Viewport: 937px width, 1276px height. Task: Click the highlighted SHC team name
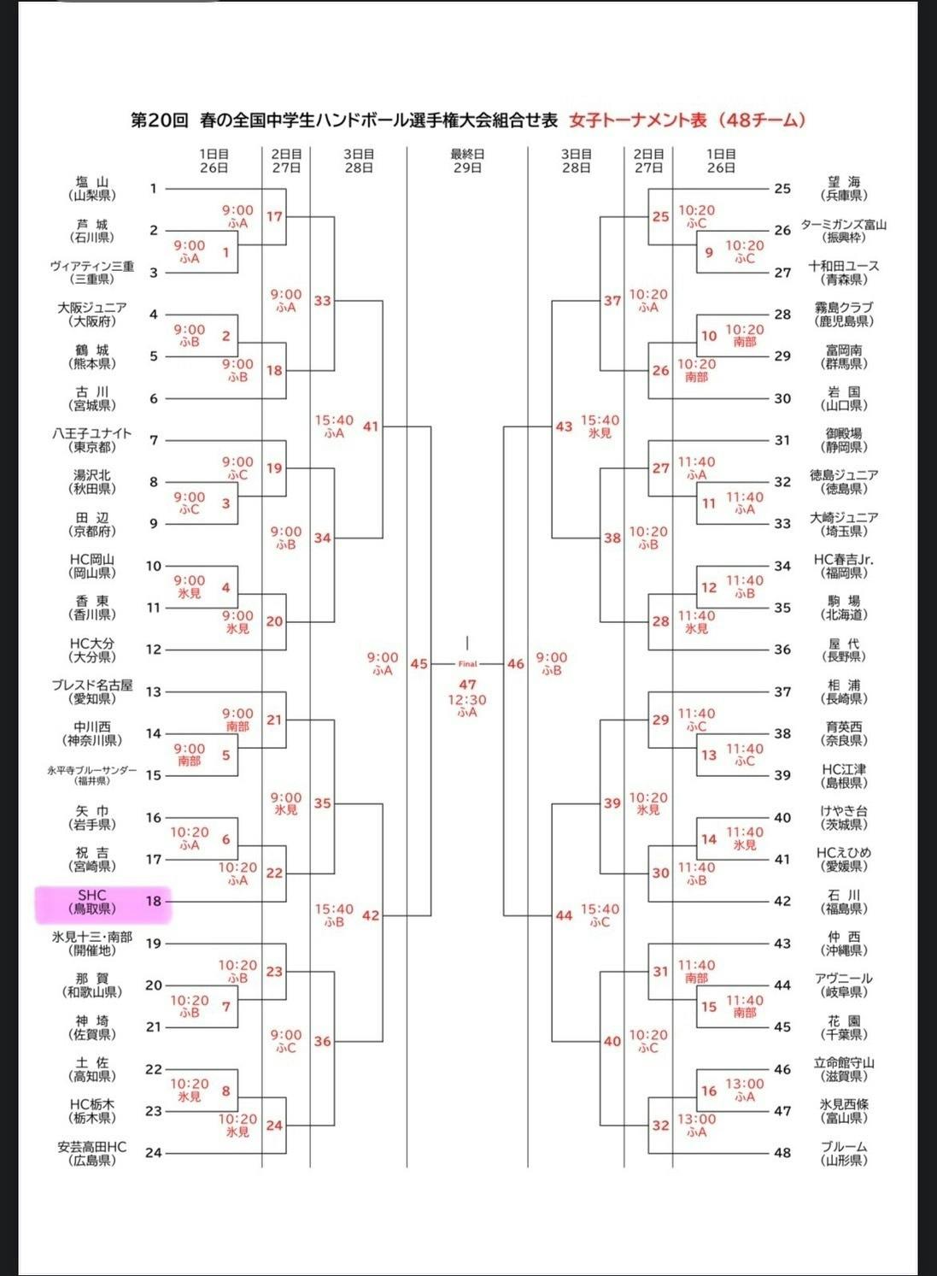click(91, 902)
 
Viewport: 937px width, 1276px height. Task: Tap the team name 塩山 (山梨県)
click(91, 188)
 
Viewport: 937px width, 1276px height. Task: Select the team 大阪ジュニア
click(91, 308)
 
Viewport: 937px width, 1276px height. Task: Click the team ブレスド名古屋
click(91, 685)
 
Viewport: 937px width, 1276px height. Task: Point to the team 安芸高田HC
click(91, 1147)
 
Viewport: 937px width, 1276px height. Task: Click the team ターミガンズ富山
click(843, 225)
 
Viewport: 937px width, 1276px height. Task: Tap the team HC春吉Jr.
click(843, 560)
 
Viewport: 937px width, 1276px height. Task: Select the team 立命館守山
click(843, 1063)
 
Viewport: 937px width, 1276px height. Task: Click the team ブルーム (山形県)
click(843, 1147)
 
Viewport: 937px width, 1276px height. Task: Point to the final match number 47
click(467, 685)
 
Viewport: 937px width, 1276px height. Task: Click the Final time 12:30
click(467, 699)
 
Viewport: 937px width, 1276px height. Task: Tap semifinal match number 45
click(419, 663)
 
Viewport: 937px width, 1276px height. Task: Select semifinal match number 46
click(515, 663)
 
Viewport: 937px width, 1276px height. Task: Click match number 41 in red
click(370, 426)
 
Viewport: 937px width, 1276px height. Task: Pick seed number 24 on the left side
click(154, 1152)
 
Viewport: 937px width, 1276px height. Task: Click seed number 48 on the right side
click(782, 1152)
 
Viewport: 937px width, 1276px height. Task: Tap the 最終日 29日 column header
click(467, 161)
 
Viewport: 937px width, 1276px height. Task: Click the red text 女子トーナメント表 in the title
click(638, 121)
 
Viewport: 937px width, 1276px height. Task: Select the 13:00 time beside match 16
click(745, 1084)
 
